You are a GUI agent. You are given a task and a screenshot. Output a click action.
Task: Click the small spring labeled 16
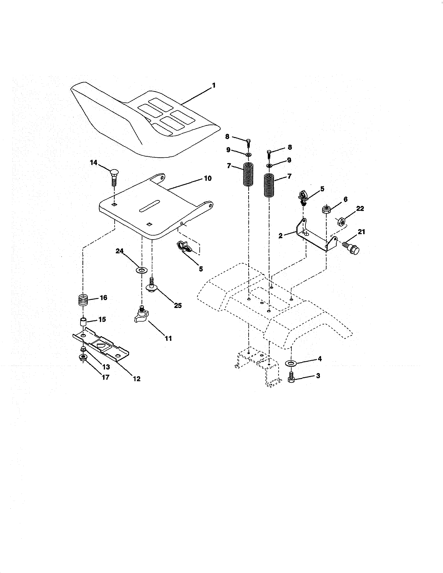tap(83, 300)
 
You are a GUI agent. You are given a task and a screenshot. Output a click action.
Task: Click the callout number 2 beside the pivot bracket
tap(281, 236)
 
